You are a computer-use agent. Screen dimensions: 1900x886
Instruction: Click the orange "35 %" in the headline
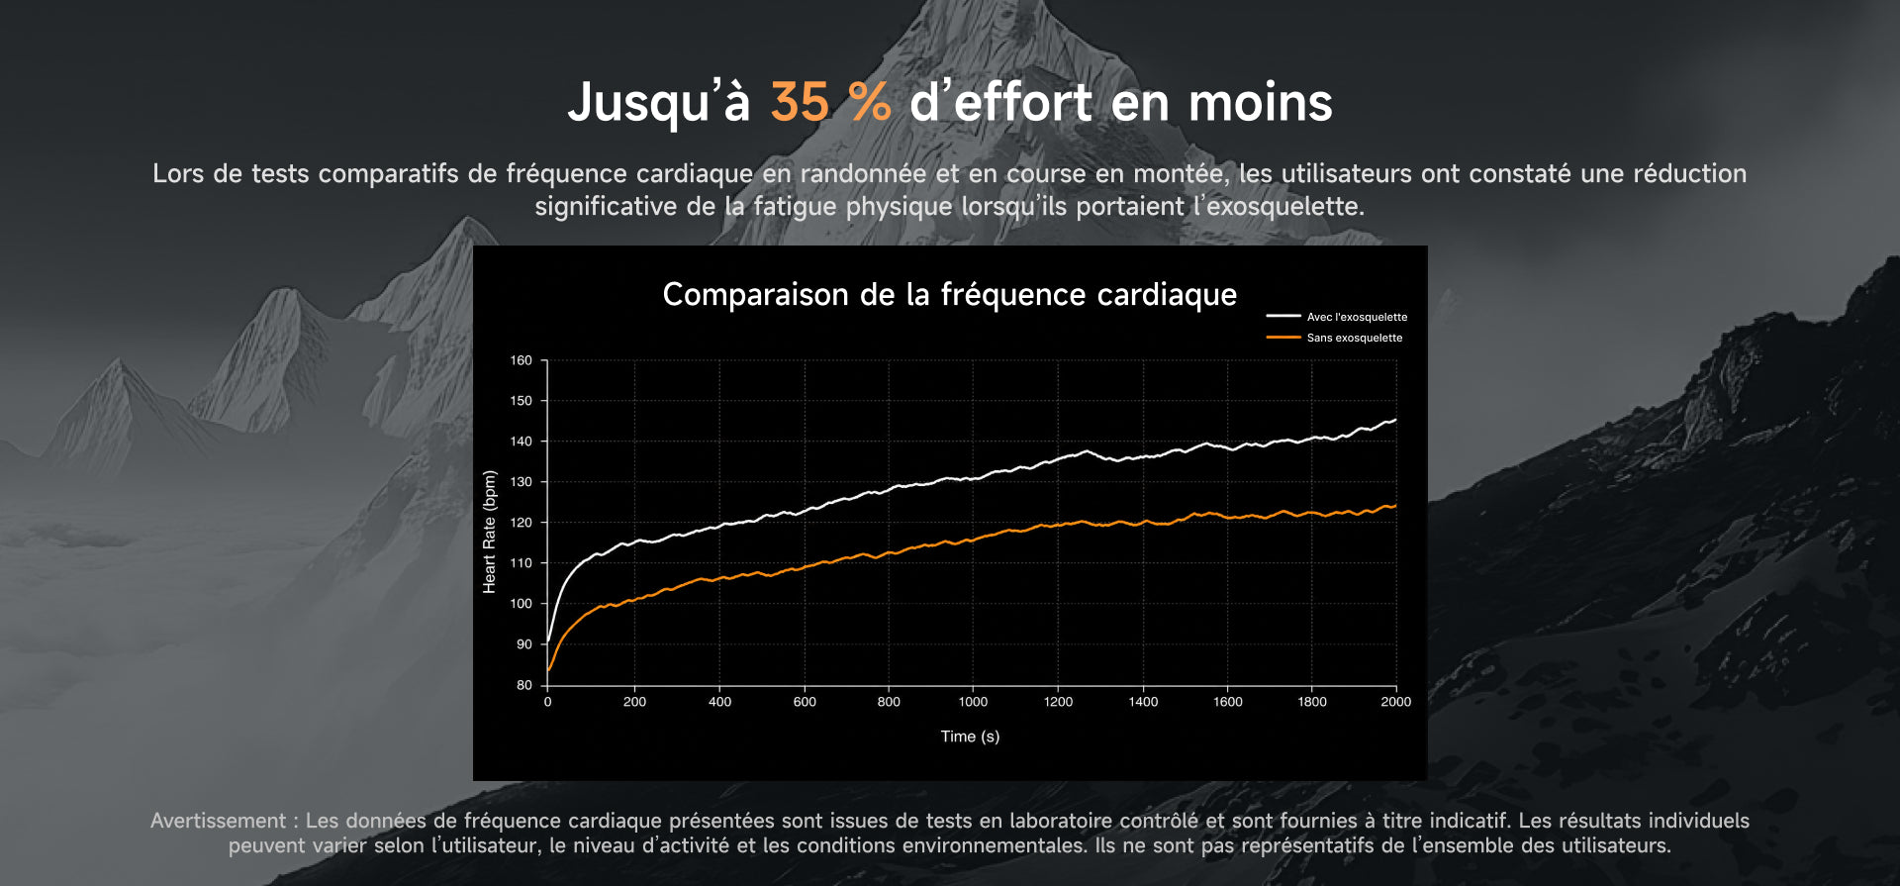(830, 102)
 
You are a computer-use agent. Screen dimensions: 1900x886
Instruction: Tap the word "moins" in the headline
(1260, 102)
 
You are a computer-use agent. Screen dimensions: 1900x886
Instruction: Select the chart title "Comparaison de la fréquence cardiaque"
(950, 294)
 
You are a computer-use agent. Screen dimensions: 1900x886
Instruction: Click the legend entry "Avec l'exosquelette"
(1357, 317)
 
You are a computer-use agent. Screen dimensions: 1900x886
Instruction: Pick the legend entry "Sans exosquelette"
(1355, 338)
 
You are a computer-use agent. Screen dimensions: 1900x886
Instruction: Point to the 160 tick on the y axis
(522, 360)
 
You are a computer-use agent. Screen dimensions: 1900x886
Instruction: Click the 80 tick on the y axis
(524, 684)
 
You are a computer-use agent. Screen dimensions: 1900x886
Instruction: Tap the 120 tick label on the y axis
(522, 523)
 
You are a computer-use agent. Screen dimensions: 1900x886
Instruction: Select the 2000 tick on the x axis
(1396, 702)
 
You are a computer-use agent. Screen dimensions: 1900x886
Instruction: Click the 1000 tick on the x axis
(973, 702)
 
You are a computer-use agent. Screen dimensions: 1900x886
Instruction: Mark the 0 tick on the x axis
(547, 702)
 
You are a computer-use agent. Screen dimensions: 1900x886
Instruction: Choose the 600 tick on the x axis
(805, 702)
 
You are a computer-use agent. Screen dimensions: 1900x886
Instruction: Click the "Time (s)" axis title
(970, 737)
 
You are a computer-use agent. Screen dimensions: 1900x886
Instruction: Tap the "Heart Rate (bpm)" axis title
(489, 532)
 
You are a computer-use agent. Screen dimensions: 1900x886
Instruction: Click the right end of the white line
(1396, 420)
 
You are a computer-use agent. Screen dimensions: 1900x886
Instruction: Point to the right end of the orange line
(1396, 506)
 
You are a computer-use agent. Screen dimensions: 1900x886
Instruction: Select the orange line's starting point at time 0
(548, 670)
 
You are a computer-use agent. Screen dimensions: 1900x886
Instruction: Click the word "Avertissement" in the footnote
(218, 821)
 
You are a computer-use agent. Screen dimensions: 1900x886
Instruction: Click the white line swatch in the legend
(1283, 317)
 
